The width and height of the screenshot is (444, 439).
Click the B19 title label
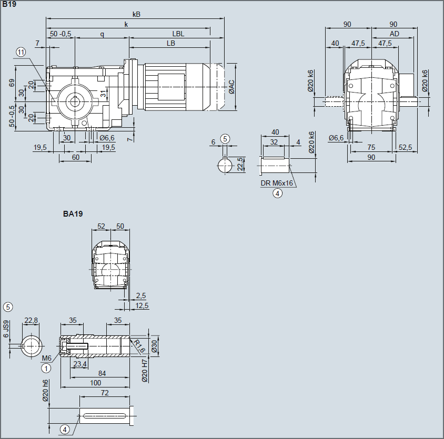point(9,4)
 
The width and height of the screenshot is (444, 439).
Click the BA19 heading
point(73,213)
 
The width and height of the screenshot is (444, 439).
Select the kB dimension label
point(136,14)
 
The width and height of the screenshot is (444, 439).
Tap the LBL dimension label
point(178,34)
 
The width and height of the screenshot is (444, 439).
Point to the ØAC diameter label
point(231,87)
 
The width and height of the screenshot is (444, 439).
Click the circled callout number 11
point(21,52)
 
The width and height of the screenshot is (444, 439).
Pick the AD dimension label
point(394,34)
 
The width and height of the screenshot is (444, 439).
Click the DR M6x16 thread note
point(277,183)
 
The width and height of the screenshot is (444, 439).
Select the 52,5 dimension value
point(405,147)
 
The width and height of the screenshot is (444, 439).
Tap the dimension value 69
point(12,83)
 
